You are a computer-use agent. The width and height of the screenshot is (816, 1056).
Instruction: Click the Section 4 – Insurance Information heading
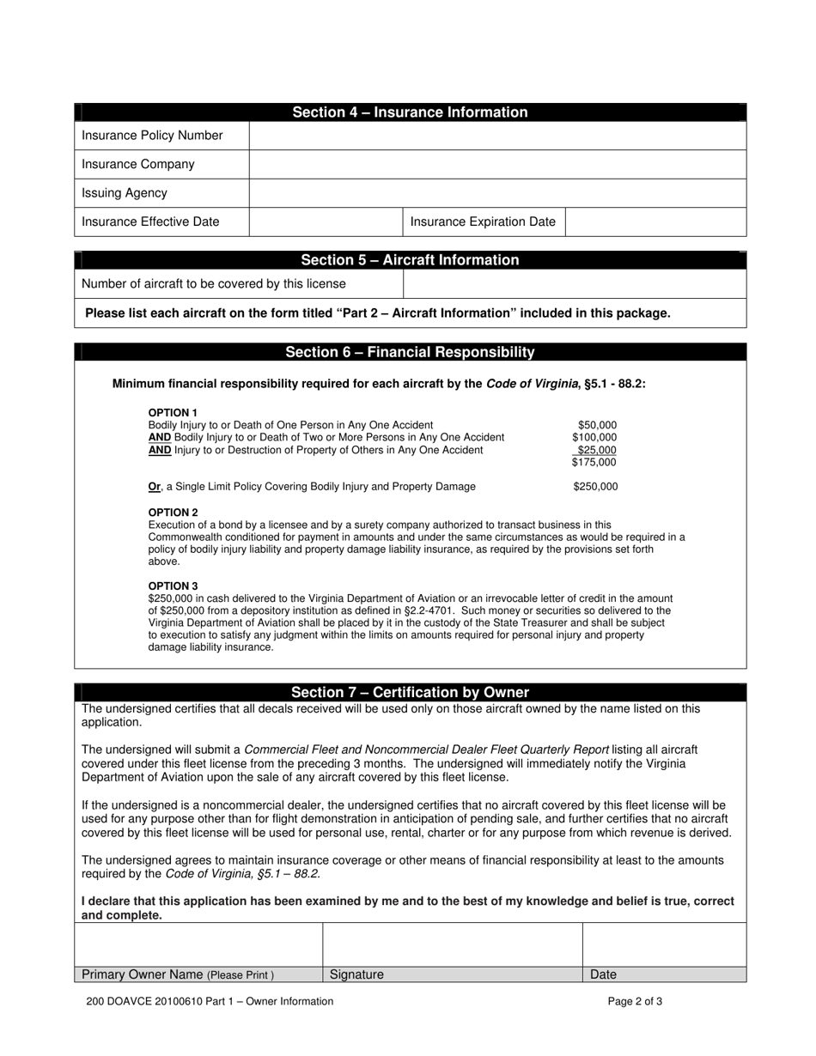click(410, 112)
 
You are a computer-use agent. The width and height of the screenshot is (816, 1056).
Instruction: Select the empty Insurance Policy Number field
click(497, 136)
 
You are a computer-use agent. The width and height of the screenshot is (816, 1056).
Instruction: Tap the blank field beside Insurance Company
click(497, 164)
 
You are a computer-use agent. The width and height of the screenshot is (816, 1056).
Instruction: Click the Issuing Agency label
click(125, 193)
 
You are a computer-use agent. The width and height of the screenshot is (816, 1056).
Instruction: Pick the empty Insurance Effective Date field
click(326, 222)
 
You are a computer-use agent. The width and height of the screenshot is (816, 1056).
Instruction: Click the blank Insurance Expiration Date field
click(655, 222)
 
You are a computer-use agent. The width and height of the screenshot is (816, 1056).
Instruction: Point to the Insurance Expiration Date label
click(483, 222)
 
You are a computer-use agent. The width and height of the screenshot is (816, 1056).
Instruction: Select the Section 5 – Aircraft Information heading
click(410, 260)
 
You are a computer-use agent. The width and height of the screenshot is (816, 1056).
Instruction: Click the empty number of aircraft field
click(574, 284)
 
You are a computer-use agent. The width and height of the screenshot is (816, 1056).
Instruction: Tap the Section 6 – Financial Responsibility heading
click(410, 352)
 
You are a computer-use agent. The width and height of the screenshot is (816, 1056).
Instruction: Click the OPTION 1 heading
click(173, 413)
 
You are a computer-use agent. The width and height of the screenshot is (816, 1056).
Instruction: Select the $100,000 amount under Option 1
click(594, 438)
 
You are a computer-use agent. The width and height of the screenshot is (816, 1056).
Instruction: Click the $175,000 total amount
click(594, 463)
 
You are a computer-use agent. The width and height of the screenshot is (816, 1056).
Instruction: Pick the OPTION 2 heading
click(173, 513)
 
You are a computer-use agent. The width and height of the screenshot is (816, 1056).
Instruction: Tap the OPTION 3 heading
click(173, 586)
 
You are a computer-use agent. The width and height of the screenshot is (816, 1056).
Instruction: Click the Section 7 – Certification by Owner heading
click(410, 693)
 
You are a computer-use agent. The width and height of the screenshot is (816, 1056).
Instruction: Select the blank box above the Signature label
click(452, 944)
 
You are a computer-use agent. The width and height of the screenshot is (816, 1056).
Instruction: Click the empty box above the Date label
click(664, 944)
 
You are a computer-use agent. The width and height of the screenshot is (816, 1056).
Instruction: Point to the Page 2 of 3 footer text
click(635, 1001)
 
